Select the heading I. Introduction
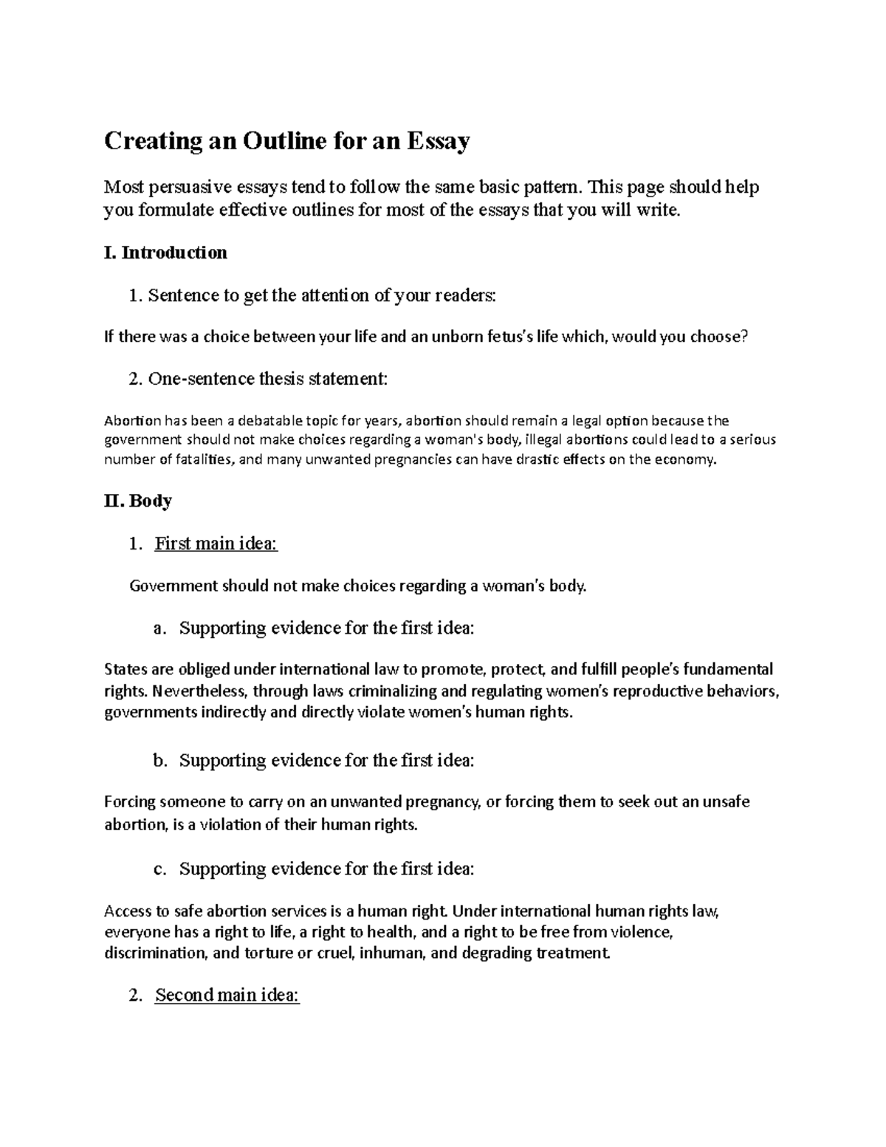coord(165,253)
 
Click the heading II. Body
coord(138,501)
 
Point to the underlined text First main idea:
coord(216,544)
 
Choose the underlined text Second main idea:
coord(227,996)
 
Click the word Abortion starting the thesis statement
coord(132,422)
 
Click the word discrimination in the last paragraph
coord(155,953)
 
